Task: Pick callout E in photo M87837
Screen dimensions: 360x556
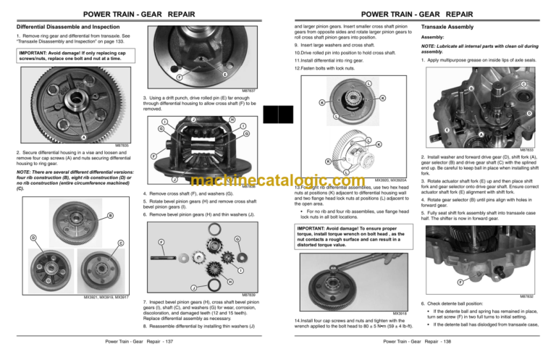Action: pyautogui.click(x=226, y=75)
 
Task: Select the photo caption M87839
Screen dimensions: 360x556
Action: pyautogui.click(x=248, y=295)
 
